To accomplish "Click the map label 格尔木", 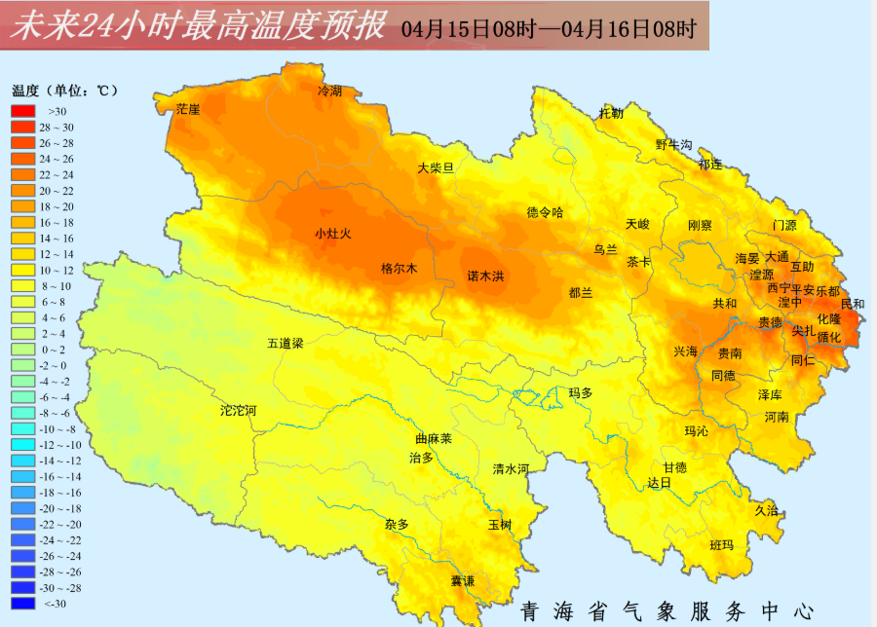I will (x=399, y=269).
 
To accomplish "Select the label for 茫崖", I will (x=187, y=109).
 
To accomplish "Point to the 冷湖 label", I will (x=330, y=91).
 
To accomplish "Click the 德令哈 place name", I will (x=545, y=212).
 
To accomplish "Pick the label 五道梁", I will (x=286, y=344).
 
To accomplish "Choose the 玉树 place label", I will (x=500, y=525).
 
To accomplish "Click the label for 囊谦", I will (x=462, y=581).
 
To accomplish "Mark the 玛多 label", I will (x=581, y=393).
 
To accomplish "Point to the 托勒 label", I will (x=611, y=113).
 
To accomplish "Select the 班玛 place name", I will (x=721, y=545).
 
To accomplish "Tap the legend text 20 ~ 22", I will (x=56, y=191).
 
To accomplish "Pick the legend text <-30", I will (x=55, y=604).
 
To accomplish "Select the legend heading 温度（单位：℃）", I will (x=64, y=91).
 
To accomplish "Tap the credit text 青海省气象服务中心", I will (x=667, y=611).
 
